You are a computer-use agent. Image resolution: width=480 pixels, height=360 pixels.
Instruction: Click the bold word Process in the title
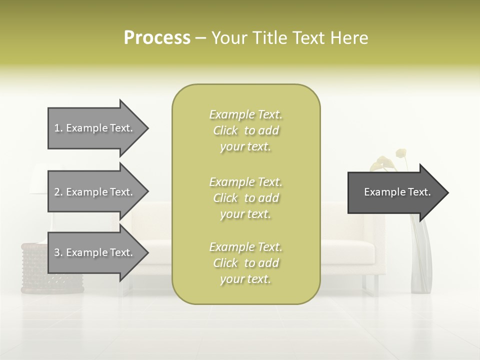coord(157,38)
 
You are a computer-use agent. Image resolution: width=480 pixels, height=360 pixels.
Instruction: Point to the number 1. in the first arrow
coord(58,128)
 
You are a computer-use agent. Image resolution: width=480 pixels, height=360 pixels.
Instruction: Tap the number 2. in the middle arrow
coord(58,192)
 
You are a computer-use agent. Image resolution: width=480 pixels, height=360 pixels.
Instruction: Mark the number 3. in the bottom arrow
coord(58,252)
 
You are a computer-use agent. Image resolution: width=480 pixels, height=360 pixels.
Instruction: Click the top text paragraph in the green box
coord(245,130)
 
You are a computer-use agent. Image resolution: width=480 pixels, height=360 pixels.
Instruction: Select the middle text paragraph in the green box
coord(245,198)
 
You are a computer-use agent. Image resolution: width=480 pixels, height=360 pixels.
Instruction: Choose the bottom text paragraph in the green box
coord(245,263)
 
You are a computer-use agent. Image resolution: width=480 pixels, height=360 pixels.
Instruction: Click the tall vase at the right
coord(421,260)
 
